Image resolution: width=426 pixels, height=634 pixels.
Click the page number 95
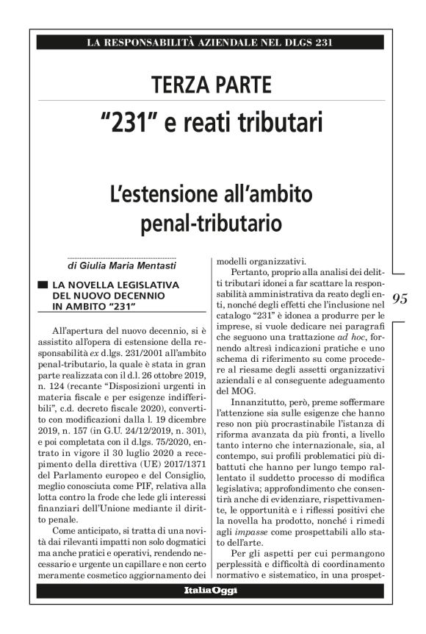401,299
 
